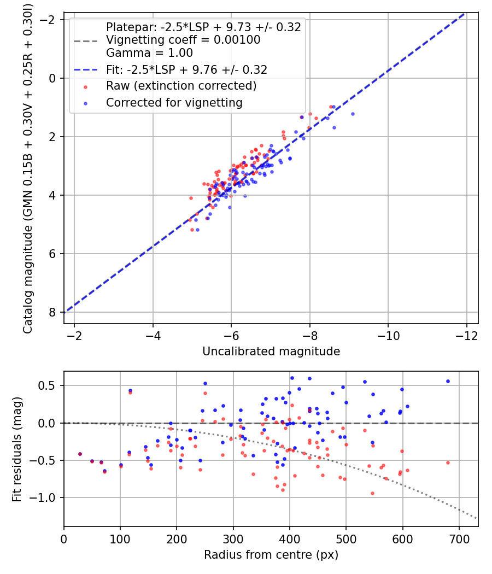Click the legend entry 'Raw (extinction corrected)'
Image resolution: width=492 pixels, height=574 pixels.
coord(181,86)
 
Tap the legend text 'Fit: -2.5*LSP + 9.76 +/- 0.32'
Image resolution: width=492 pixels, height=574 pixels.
coord(186,70)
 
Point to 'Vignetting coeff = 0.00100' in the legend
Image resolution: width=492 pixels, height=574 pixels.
coord(183,40)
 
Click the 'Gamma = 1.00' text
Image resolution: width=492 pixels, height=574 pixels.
coord(149,53)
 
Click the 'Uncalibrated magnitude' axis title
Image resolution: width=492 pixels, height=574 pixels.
coord(271,352)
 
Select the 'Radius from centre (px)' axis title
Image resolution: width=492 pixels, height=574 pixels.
coord(271,555)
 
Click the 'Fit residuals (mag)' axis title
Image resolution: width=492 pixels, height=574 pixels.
coord(17,449)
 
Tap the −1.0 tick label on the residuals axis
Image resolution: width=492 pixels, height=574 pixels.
coord(45,497)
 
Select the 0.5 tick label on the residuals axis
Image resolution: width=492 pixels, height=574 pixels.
coord(50,385)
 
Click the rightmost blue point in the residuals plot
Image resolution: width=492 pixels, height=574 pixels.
coord(448,381)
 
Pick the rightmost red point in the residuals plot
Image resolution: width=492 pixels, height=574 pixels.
coord(448,462)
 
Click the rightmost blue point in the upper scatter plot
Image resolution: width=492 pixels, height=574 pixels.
coord(353,114)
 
